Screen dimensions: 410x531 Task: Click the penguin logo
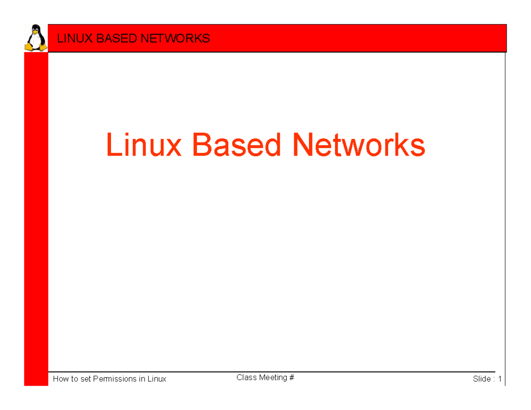click(35, 38)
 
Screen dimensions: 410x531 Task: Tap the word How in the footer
click(60, 379)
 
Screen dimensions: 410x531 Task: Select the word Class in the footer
click(246, 378)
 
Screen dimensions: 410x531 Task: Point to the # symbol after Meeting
click(292, 378)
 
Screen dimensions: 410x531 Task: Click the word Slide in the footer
click(481, 379)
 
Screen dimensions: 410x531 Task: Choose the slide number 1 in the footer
click(500, 379)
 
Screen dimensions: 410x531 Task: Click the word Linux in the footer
click(157, 379)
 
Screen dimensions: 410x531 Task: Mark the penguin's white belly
click(35, 41)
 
